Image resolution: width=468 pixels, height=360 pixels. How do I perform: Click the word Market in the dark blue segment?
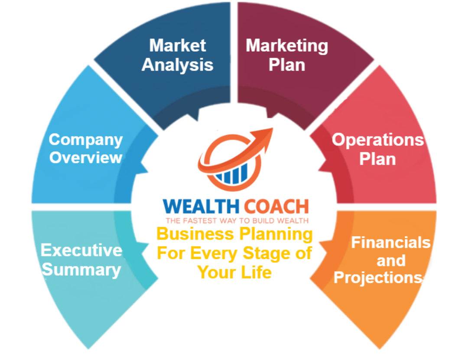pyautogui.click(x=178, y=45)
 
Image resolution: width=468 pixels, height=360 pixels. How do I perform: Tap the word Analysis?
pyautogui.click(x=178, y=65)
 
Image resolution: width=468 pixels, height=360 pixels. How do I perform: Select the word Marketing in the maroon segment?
pyautogui.click(x=287, y=45)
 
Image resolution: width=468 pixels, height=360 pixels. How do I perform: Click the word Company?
pyautogui.click(x=86, y=139)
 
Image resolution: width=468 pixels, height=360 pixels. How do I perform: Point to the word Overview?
pyautogui.click(x=86, y=157)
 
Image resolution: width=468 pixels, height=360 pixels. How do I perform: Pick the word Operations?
pyautogui.click(x=377, y=140)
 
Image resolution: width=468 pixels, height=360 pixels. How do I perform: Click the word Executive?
pyautogui.click(x=81, y=250)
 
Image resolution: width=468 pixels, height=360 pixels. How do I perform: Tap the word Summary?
pyautogui.click(x=81, y=269)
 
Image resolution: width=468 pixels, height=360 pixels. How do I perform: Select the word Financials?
pyautogui.click(x=390, y=242)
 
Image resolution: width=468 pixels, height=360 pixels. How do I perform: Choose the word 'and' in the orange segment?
pyautogui.click(x=391, y=260)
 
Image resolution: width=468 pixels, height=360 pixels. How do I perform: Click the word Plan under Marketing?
pyautogui.click(x=287, y=65)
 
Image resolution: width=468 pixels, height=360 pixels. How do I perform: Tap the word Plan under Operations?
pyautogui.click(x=377, y=159)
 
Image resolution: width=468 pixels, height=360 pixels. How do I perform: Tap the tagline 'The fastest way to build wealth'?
pyautogui.click(x=236, y=221)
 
